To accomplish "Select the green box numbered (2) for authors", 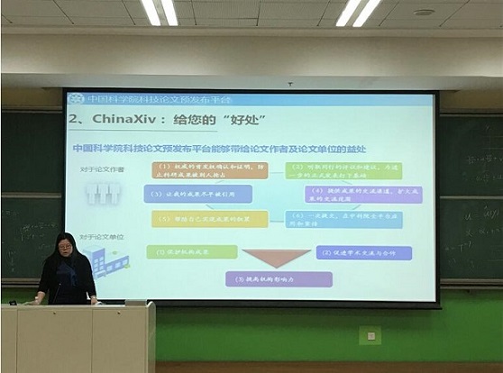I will pyautogui.click(x=343, y=170).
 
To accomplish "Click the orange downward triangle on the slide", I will pyautogui.click(x=277, y=257).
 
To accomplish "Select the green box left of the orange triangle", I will pyautogui.click(x=191, y=252).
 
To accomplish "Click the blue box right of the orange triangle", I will pyautogui.click(x=363, y=253).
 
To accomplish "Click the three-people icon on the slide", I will pyautogui.click(x=103, y=193).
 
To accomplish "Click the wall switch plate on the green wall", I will pyautogui.click(x=368, y=336).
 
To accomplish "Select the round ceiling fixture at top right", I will pyautogui.click(x=423, y=13).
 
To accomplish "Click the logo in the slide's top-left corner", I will pyautogui.click(x=76, y=98).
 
